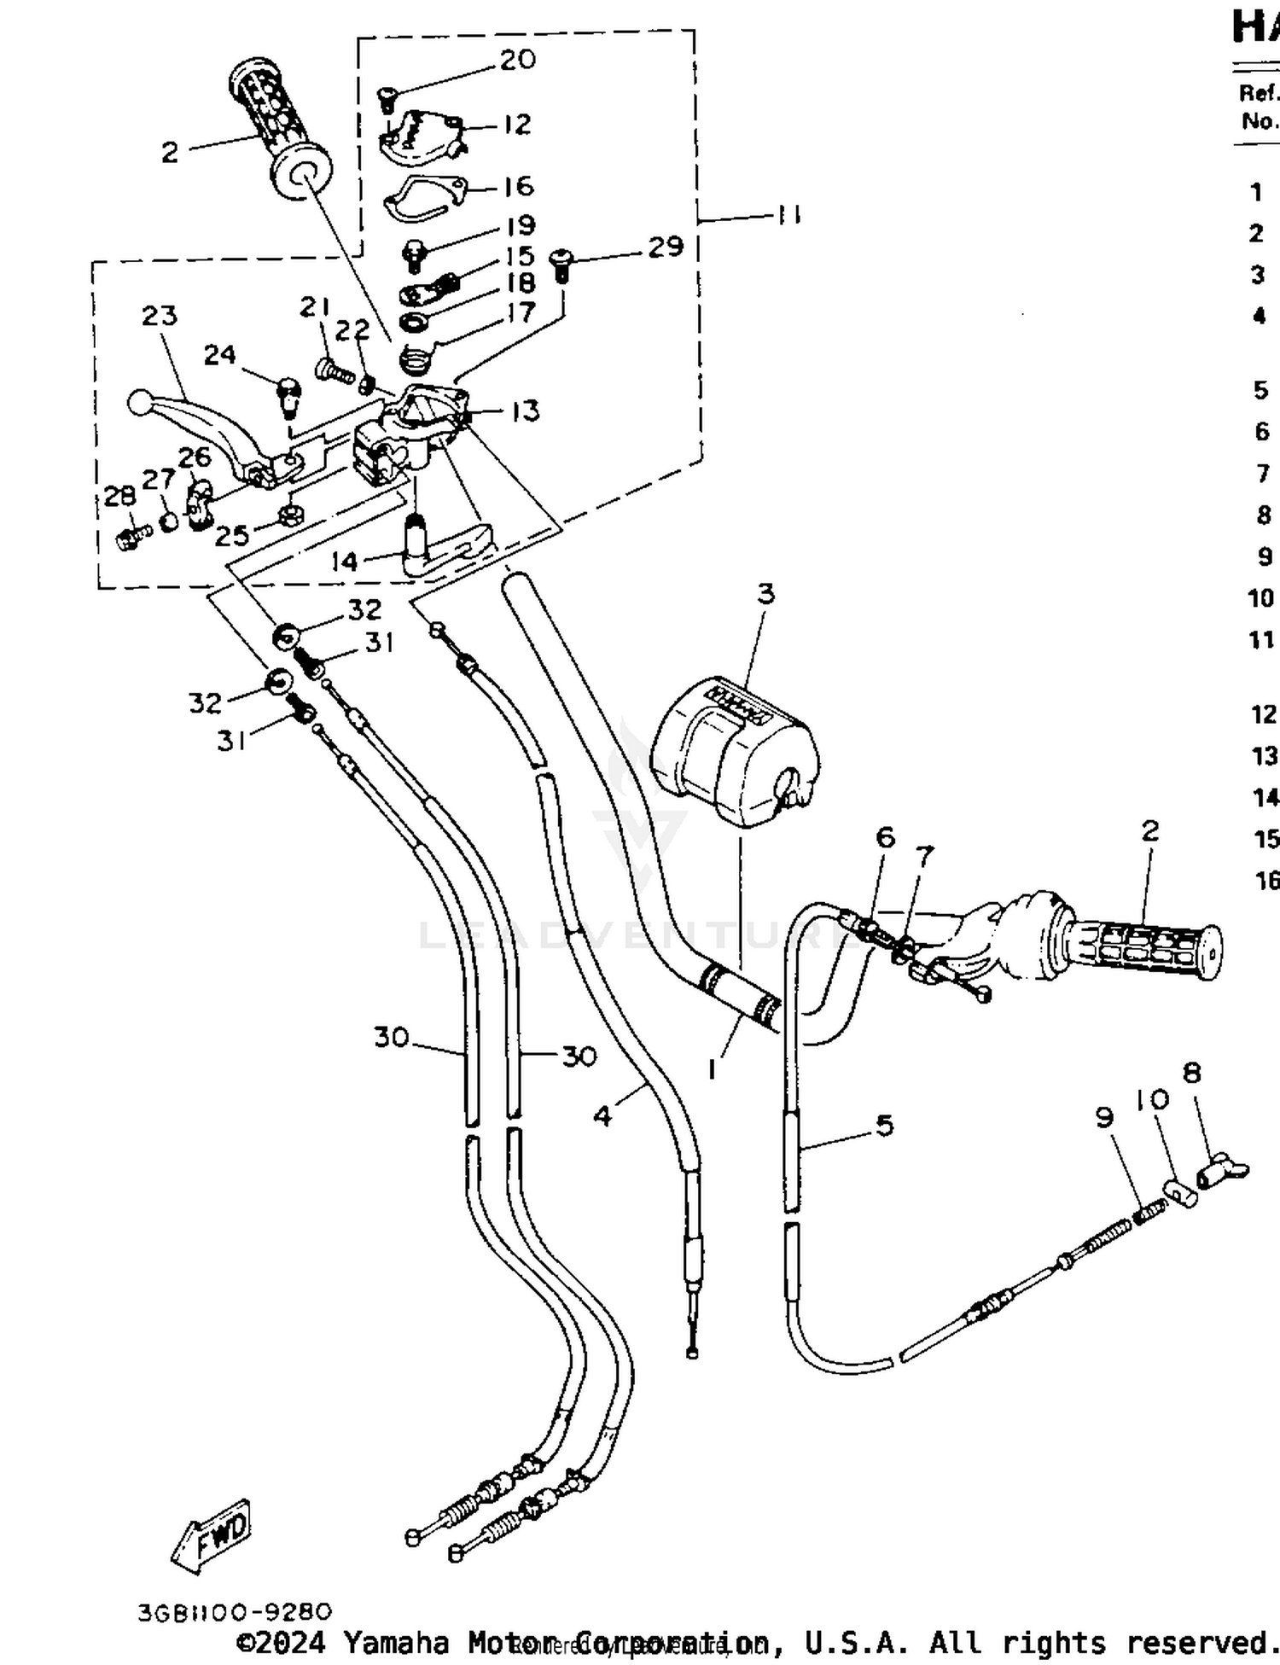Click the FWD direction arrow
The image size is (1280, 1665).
point(212,1537)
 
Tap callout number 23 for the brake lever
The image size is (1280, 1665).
point(160,316)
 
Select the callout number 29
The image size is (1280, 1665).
point(666,247)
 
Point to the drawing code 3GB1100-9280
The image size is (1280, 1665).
point(234,1612)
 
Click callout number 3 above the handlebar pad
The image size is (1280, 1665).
point(765,593)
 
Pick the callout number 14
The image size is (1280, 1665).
point(345,561)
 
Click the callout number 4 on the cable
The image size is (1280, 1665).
point(602,1115)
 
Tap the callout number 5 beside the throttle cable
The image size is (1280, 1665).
point(885,1125)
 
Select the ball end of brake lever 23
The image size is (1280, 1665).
point(138,402)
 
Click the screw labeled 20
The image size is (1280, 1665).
point(385,98)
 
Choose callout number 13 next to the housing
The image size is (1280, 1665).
point(525,411)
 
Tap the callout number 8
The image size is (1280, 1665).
point(1192,1073)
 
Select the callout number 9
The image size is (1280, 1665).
point(1105,1117)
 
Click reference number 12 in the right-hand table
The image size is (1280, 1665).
point(1264,713)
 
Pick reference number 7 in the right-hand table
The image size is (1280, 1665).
point(1264,473)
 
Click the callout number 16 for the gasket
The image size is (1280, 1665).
point(518,186)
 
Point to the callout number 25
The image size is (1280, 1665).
point(231,536)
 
